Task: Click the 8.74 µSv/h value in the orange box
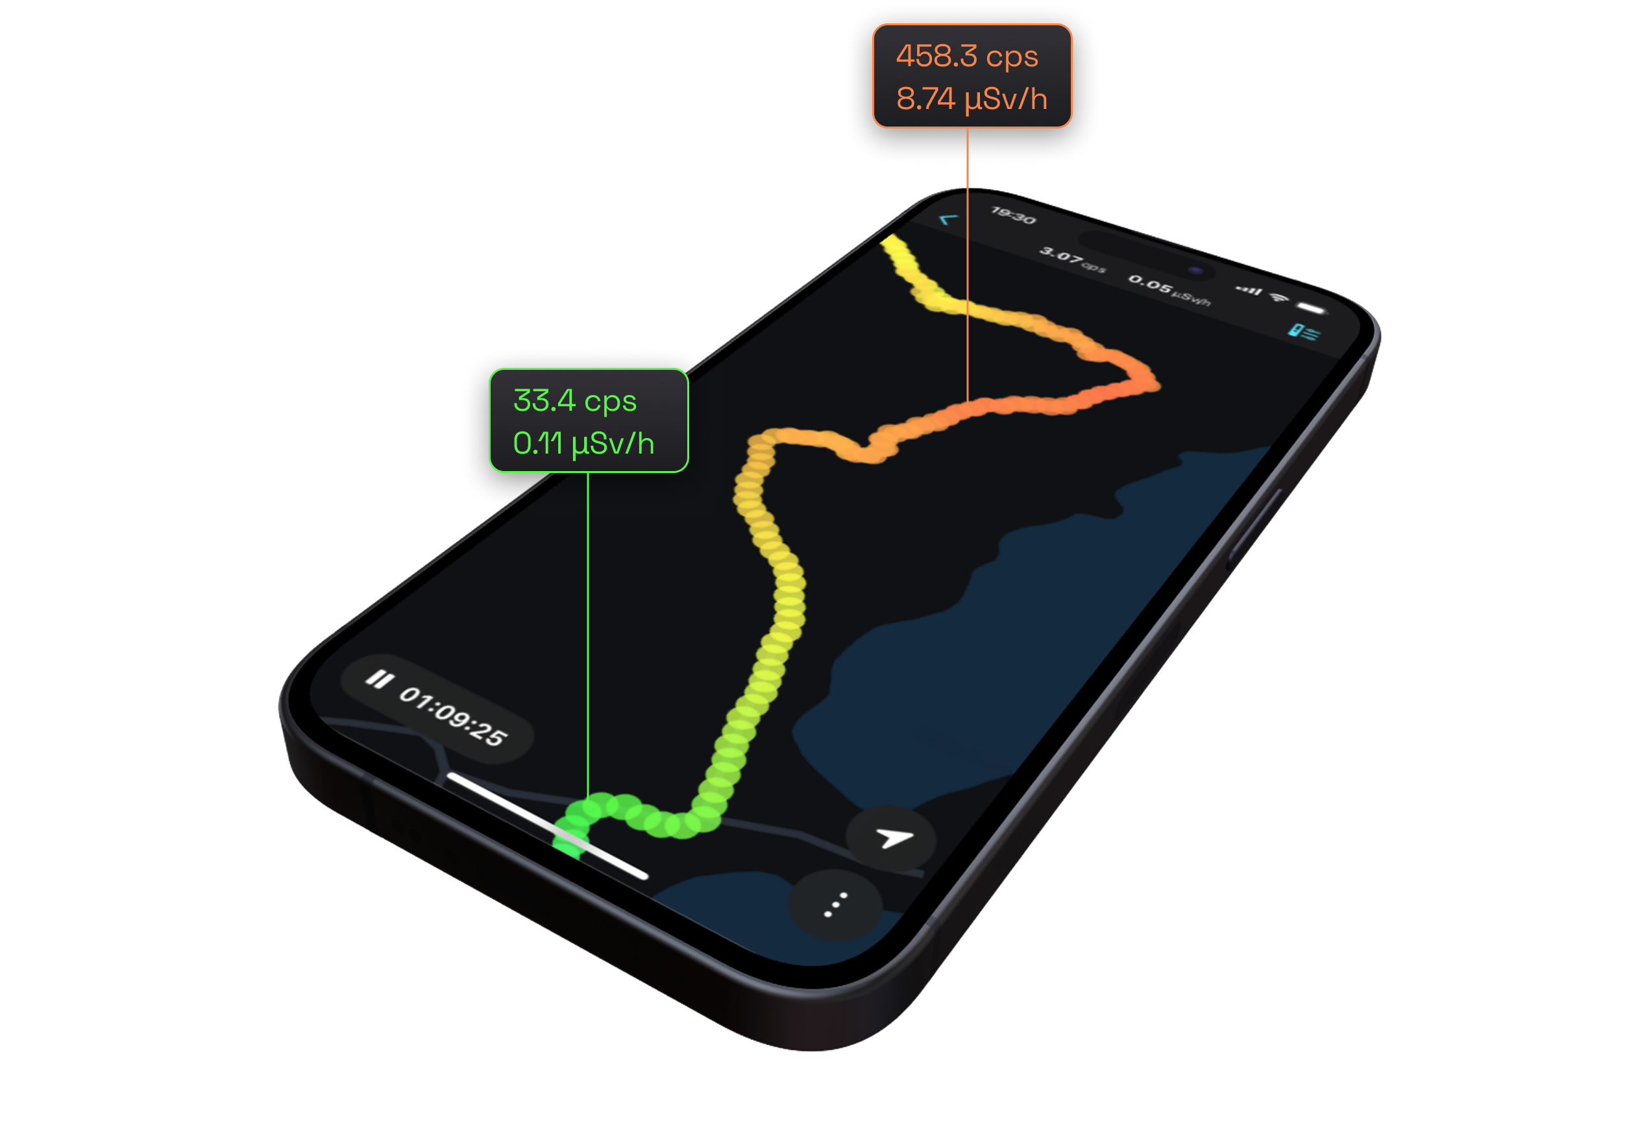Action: (971, 99)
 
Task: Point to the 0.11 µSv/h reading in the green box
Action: (583, 444)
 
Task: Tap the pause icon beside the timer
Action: (378, 679)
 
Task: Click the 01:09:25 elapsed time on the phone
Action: (452, 716)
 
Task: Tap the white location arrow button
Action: (892, 838)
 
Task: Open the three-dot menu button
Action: (835, 904)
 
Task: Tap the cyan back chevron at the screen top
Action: (948, 219)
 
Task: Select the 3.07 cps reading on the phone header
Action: (1071, 258)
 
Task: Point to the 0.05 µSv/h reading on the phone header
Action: (1169, 289)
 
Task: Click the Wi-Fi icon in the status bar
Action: (1279, 297)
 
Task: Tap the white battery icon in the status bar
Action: (1312, 308)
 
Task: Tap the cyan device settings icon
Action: (1303, 332)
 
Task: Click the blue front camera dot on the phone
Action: (1195, 270)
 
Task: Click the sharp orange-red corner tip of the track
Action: (1155, 383)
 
